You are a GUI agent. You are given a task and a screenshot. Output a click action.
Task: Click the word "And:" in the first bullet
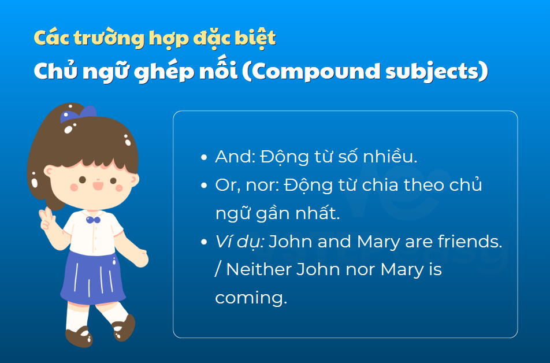coord(235,157)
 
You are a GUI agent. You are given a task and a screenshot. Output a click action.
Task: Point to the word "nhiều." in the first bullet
coord(390,156)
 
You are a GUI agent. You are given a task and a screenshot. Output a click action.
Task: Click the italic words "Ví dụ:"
coord(240,242)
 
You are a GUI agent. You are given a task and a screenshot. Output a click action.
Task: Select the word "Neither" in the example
coord(259,269)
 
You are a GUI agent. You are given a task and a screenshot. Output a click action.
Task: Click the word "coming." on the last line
coord(251,298)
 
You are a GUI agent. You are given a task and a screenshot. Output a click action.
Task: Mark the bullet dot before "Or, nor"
coord(204,186)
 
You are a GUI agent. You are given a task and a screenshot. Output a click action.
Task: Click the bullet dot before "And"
coord(204,157)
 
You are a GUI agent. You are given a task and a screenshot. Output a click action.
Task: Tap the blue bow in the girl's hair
coord(78,114)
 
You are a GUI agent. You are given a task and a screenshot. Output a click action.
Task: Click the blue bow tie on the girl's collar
coord(93,220)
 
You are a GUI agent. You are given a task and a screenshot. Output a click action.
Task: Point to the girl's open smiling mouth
coord(98,185)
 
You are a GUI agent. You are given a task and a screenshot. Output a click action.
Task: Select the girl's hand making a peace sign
coord(47,218)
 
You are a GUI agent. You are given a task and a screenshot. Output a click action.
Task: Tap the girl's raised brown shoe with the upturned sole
coord(124,328)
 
